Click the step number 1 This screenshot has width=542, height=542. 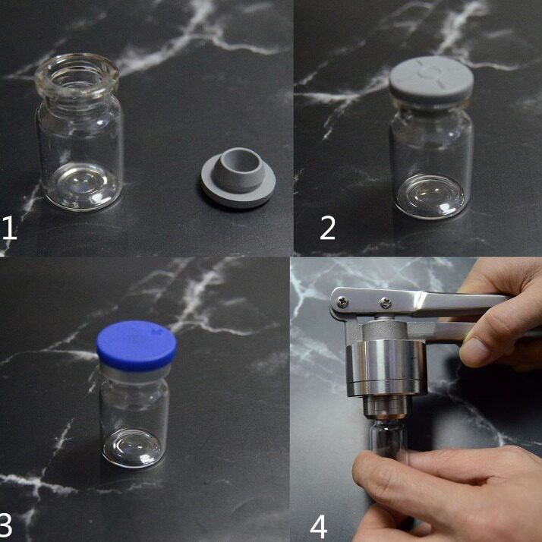(x=9, y=228)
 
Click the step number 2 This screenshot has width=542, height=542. (x=327, y=228)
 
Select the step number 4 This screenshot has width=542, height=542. (x=319, y=525)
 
